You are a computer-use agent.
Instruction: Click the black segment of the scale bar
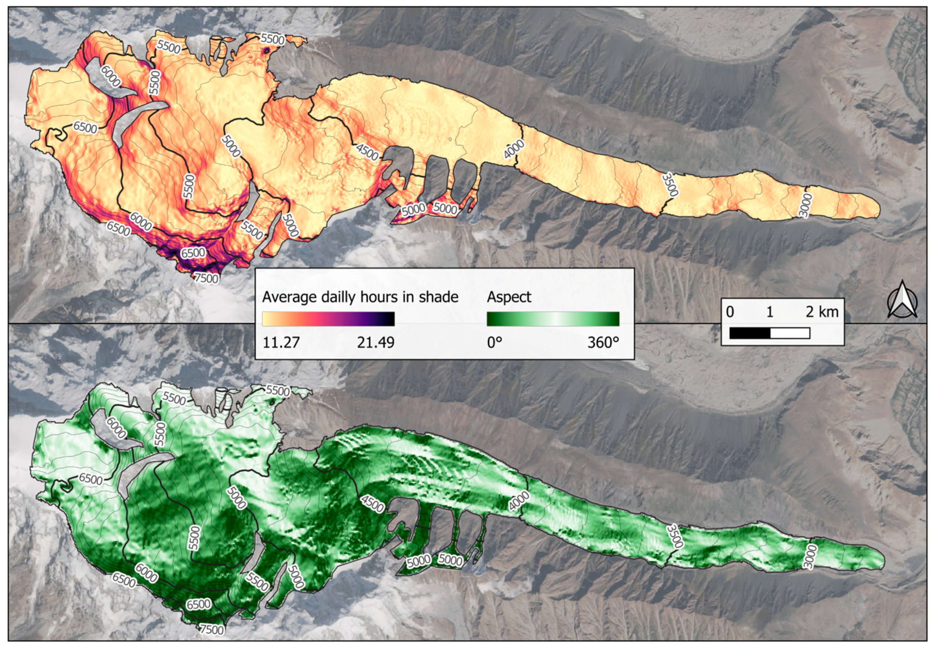750,333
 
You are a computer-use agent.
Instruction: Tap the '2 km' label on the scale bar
822,312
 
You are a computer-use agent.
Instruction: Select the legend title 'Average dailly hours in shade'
360,297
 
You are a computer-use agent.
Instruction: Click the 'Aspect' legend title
509,297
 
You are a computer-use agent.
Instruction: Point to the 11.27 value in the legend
281,342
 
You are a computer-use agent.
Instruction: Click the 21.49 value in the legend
375,342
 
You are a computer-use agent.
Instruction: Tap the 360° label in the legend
603,342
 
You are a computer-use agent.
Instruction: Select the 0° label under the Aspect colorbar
494,342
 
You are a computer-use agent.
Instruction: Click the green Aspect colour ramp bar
553,319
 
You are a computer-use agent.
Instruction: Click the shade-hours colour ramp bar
328,319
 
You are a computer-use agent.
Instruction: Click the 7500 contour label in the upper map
206,278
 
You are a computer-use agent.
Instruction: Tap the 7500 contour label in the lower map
212,629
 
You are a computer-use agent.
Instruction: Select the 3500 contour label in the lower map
675,536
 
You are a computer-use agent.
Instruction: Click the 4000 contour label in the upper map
514,149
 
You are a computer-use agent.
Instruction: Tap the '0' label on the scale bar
730,312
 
